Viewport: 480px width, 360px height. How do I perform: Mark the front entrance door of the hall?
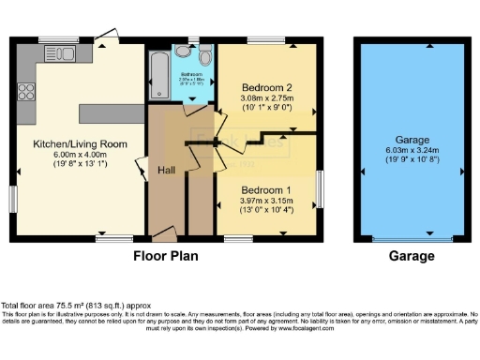coord(163,232)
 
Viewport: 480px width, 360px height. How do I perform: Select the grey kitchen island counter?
coord(107,112)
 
